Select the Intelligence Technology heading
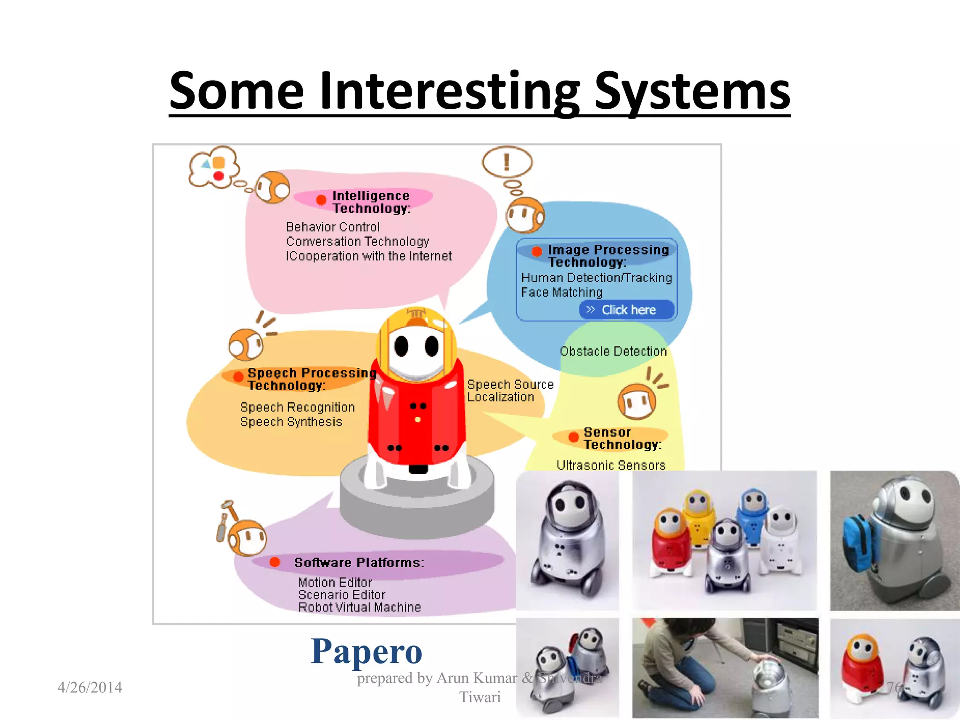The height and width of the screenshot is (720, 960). click(371, 202)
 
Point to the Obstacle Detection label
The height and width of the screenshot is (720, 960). click(613, 351)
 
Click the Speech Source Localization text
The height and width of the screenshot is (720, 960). click(510, 390)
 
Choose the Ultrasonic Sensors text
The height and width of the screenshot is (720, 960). click(610, 465)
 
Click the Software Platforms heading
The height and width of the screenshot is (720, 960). click(359, 562)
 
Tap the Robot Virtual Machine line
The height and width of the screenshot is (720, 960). click(360, 607)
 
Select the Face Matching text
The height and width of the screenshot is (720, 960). click(561, 292)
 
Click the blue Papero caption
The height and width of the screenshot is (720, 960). click(366, 652)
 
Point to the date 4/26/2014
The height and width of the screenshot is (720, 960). click(90, 687)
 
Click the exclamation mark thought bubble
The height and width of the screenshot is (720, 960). click(507, 162)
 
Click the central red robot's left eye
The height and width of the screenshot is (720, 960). click(401, 346)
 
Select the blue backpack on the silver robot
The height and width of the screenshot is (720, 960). click(857, 544)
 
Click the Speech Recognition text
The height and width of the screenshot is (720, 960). click(297, 407)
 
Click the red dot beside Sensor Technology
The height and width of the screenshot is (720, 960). click(573, 437)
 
